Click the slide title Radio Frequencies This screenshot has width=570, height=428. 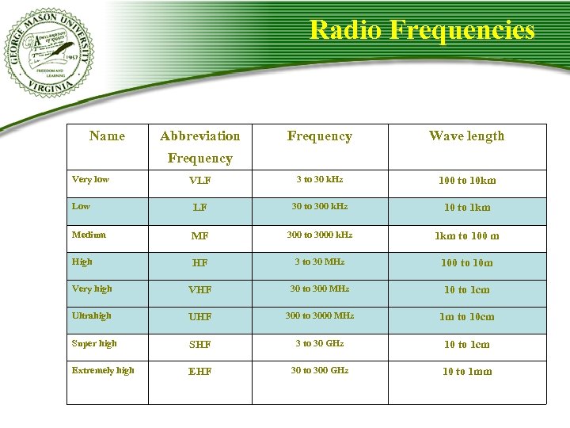click(421, 30)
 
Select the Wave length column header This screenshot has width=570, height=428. click(466, 136)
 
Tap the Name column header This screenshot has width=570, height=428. click(107, 136)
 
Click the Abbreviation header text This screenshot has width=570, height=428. click(199, 136)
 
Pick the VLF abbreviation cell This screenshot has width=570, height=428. click(199, 181)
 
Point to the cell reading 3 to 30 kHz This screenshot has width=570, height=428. click(320, 180)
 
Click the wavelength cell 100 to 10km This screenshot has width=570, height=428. click(467, 181)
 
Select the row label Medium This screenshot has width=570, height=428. click(89, 235)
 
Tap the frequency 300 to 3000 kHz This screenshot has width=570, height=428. click(320, 235)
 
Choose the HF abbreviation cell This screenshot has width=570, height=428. click(199, 262)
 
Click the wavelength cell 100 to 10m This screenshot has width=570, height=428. click(467, 262)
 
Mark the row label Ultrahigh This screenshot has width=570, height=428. click(92, 315)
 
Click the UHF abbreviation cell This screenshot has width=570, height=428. click(199, 317)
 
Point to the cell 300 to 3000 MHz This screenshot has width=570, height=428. click(320, 315)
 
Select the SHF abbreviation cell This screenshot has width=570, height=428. click(199, 345)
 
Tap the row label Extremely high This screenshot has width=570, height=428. click(103, 370)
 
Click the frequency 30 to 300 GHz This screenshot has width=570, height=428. click(320, 370)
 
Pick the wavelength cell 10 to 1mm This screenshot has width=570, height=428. click(467, 372)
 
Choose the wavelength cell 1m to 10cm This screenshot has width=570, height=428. click(467, 317)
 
